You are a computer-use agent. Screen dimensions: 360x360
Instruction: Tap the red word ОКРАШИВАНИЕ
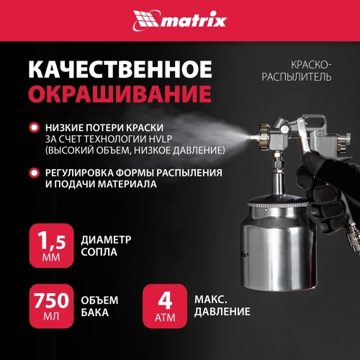tap(119, 94)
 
